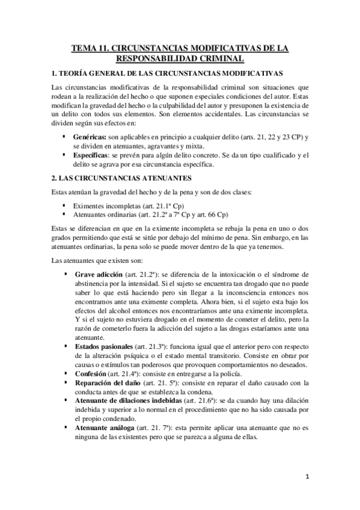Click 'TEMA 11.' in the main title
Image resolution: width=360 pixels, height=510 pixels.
click(90, 48)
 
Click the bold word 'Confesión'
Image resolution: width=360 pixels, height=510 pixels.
click(90, 374)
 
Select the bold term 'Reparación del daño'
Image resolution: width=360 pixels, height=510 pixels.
click(105, 383)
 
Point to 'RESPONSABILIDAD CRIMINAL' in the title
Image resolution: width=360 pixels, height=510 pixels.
click(180, 58)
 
